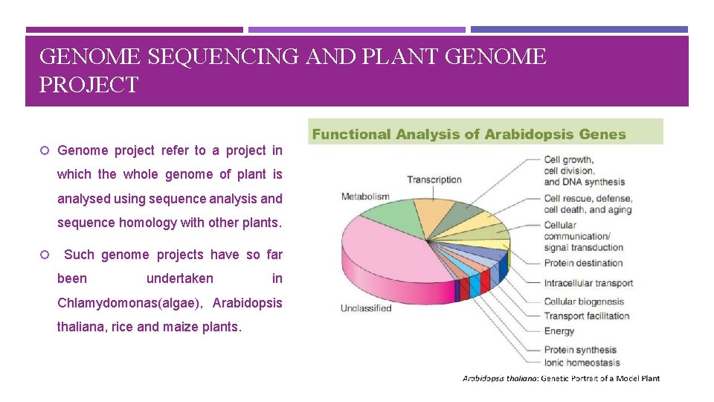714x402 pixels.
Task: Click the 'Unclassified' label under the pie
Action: (366, 308)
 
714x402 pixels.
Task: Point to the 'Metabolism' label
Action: (365, 197)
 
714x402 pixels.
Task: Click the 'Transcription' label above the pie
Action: (434, 179)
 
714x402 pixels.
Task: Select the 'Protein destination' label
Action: (583, 263)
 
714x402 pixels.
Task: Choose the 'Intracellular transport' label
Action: (588, 283)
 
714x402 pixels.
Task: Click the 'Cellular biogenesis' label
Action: (584, 301)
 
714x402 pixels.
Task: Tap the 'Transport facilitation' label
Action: (587, 316)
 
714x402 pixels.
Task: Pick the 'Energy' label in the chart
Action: (559, 331)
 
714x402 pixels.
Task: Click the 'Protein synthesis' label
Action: (580, 350)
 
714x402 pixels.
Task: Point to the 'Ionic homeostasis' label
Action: (582, 363)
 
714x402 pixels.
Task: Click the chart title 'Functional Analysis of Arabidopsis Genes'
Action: (469, 135)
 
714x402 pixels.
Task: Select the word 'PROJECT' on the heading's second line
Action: (89, 86)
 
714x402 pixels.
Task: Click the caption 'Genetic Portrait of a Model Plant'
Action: (599, 378)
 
